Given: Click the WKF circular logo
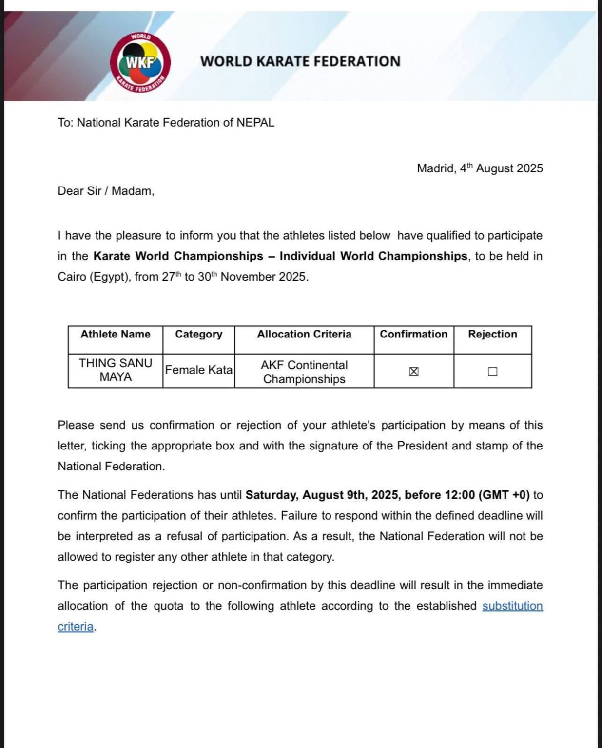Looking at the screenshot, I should point(140,62).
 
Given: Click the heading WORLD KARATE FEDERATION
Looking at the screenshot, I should point(300,61).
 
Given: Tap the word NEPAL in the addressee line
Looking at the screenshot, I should point(255,123).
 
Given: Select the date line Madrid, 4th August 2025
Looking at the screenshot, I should point(480,168).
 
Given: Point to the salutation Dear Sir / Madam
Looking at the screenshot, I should point(106,191).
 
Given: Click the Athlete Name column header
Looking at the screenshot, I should point(116,334).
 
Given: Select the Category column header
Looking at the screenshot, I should point(198,334).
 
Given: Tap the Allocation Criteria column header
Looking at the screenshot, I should point(304,334).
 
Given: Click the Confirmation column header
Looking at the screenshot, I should point(413,334).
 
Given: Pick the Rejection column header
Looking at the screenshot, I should point(492,334).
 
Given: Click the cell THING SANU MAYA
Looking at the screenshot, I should point(116,370).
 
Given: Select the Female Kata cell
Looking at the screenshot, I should point(198,370).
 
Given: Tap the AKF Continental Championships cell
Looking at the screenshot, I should point(304,372).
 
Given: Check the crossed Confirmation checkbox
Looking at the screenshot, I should point(414,372).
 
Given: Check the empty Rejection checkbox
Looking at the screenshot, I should point(493,372).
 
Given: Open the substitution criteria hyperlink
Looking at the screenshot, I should point(512,606).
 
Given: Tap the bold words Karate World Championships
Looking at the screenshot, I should point(178,256).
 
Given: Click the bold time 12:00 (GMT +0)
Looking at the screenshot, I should point(487,495).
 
